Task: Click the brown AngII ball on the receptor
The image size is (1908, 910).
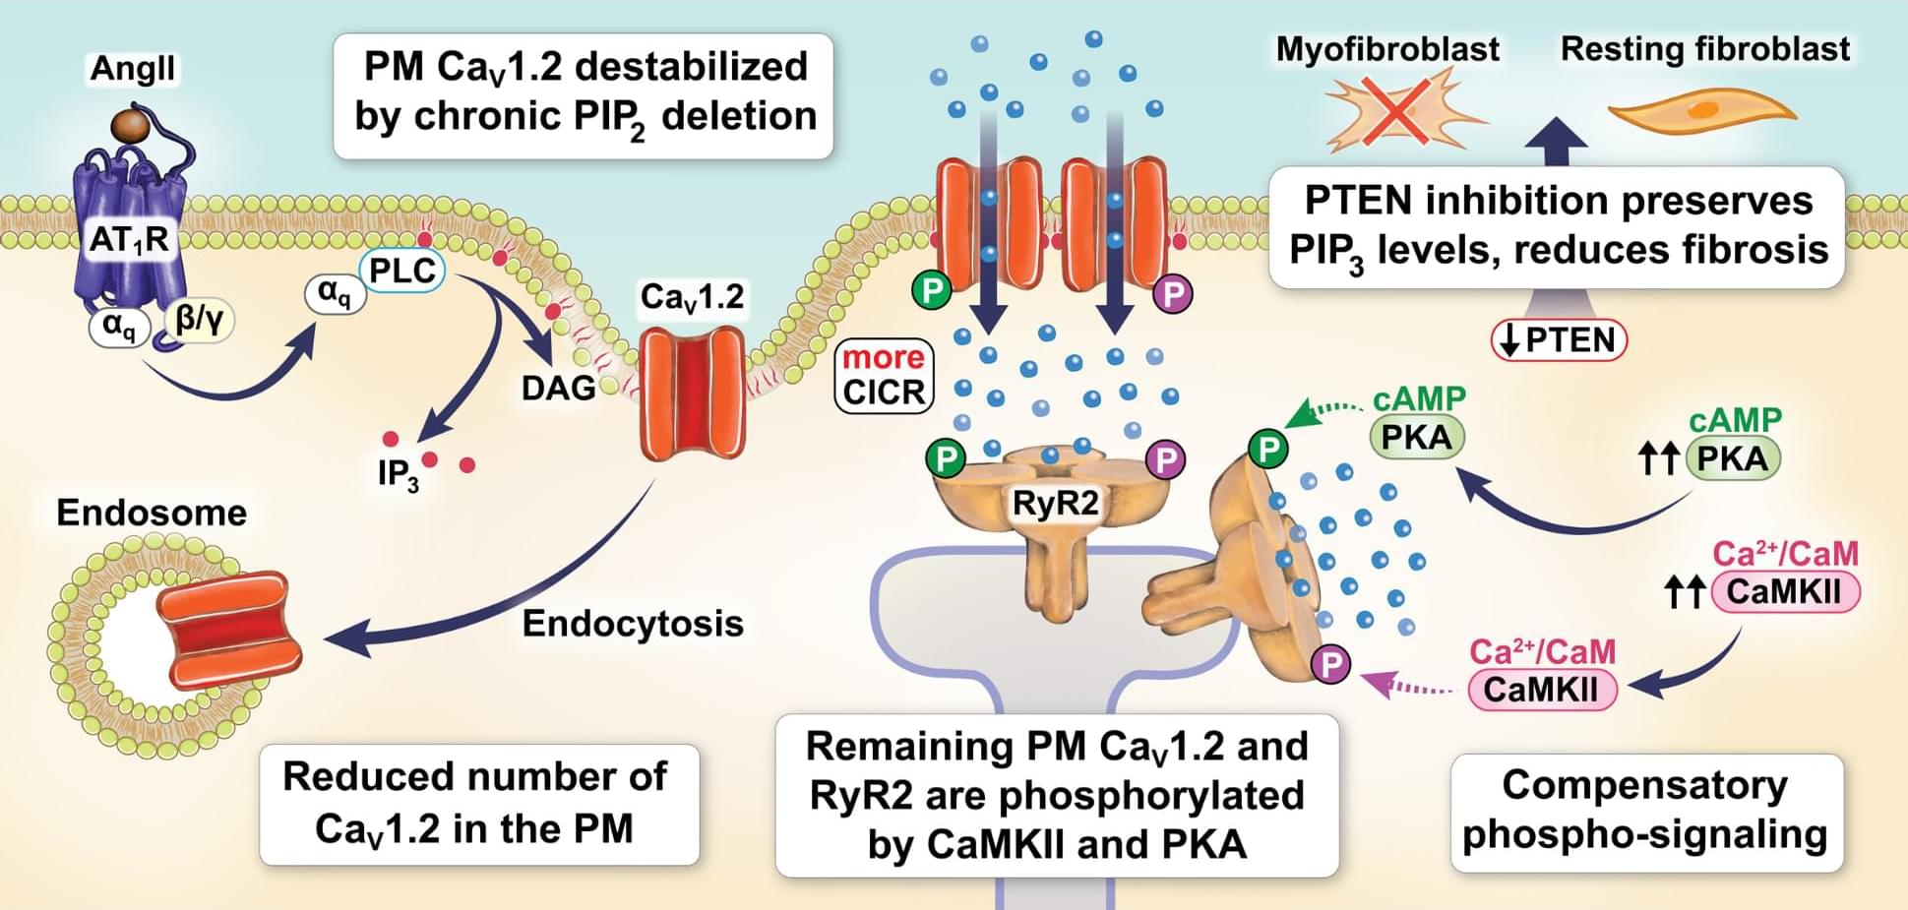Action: (x=130, y=125)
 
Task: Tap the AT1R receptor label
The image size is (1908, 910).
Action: (x=129, y=239)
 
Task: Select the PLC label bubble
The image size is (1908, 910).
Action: (x=402, y=271)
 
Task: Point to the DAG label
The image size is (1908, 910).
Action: (x=558, y=388)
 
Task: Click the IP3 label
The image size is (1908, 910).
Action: (x=398, y=474)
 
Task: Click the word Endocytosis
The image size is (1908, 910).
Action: (x=633, y=624)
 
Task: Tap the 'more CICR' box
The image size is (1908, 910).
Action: (x=883, y=375)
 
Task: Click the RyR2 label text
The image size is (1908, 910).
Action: (x=1055, y=504)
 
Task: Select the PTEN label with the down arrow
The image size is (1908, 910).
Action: (x=1560, y=340)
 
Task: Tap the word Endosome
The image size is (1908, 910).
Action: (x=152, y=513)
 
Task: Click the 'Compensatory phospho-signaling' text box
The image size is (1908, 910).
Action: (x=1645, y=811)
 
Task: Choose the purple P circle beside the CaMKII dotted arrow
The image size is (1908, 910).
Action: (x=1331, y=664)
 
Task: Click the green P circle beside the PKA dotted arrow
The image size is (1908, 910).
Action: (x=1268, y=450)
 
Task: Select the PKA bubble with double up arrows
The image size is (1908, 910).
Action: (x=1732, y=458)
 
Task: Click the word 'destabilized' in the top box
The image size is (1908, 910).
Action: (x=691, y=67)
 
